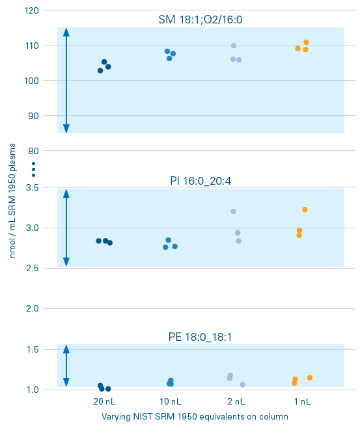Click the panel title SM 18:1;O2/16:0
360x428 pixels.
pos(201,20)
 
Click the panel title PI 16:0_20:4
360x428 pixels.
pos(201,181)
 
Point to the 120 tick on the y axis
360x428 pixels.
pos(32,10)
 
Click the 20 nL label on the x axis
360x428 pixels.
pos(104,401)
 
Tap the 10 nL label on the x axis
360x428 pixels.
pos(171,401)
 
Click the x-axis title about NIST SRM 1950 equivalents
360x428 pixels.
pos(195,416)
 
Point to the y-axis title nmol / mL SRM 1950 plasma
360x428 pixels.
pos(13,202)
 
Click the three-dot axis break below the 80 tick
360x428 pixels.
pos(33,169)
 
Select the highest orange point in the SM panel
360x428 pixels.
pos(306,42)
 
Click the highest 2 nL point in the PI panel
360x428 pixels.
pos(233,211)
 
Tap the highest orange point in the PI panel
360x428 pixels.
pos(305,209)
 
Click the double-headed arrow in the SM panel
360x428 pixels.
pos(66,81)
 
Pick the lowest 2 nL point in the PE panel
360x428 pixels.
pos(243,385)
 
